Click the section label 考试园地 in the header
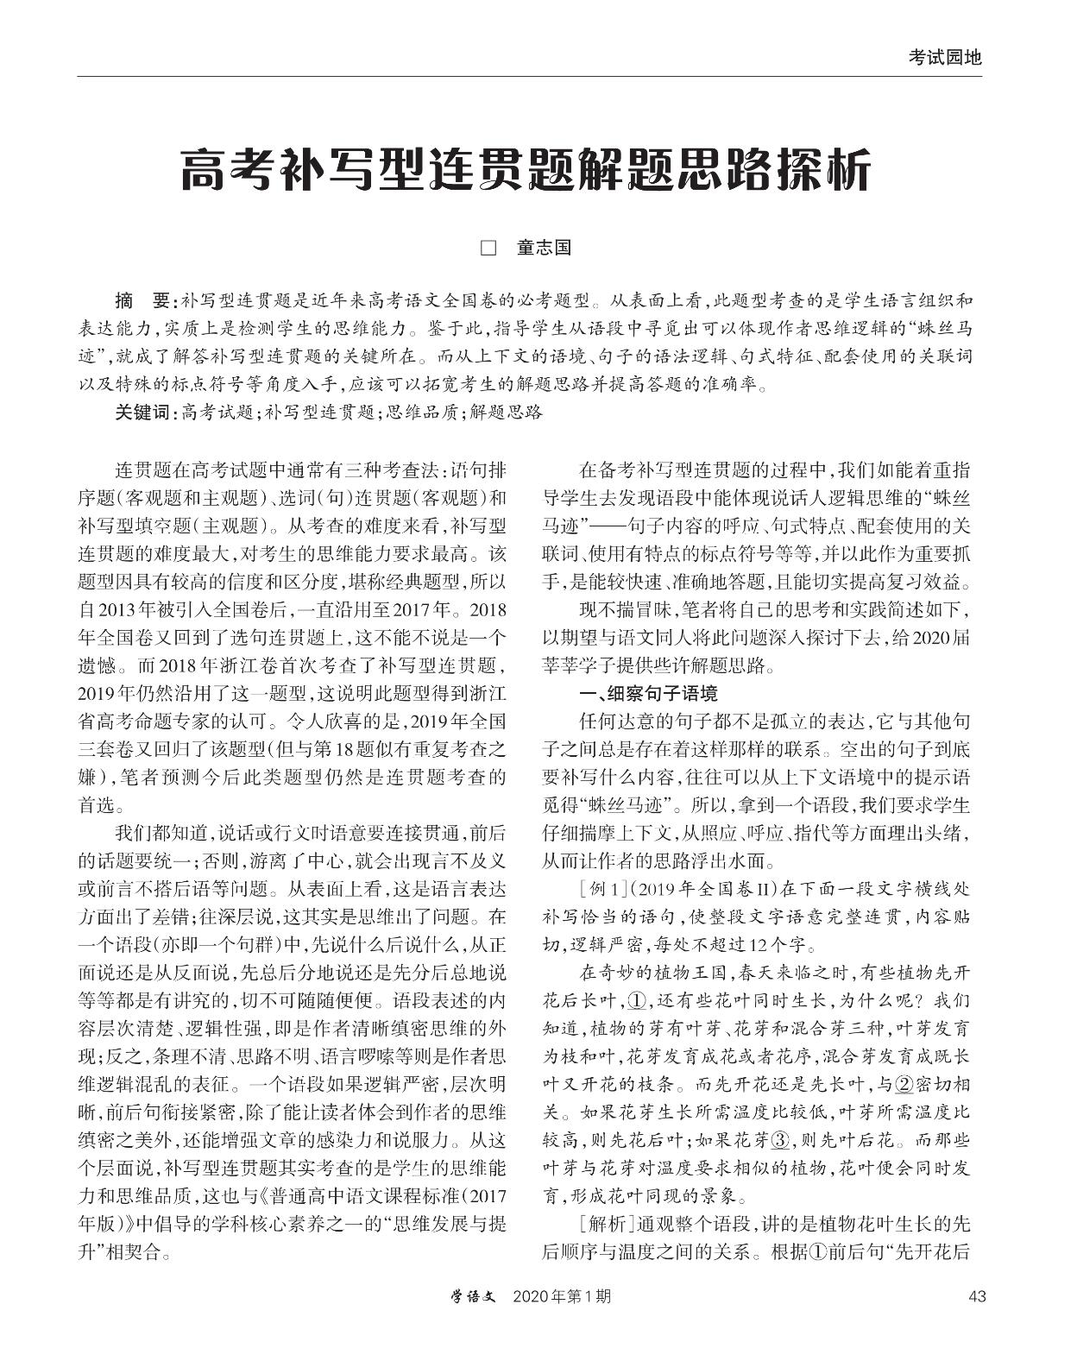(x=945, y=57)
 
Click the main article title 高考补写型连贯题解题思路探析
(x=526, y=171)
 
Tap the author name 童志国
(x=544, y=249)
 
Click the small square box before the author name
(x=488, y=249)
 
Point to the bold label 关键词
(x=143, y=413)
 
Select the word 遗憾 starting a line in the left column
(x=97, y=666)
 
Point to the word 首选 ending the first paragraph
(x=97, y=805)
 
